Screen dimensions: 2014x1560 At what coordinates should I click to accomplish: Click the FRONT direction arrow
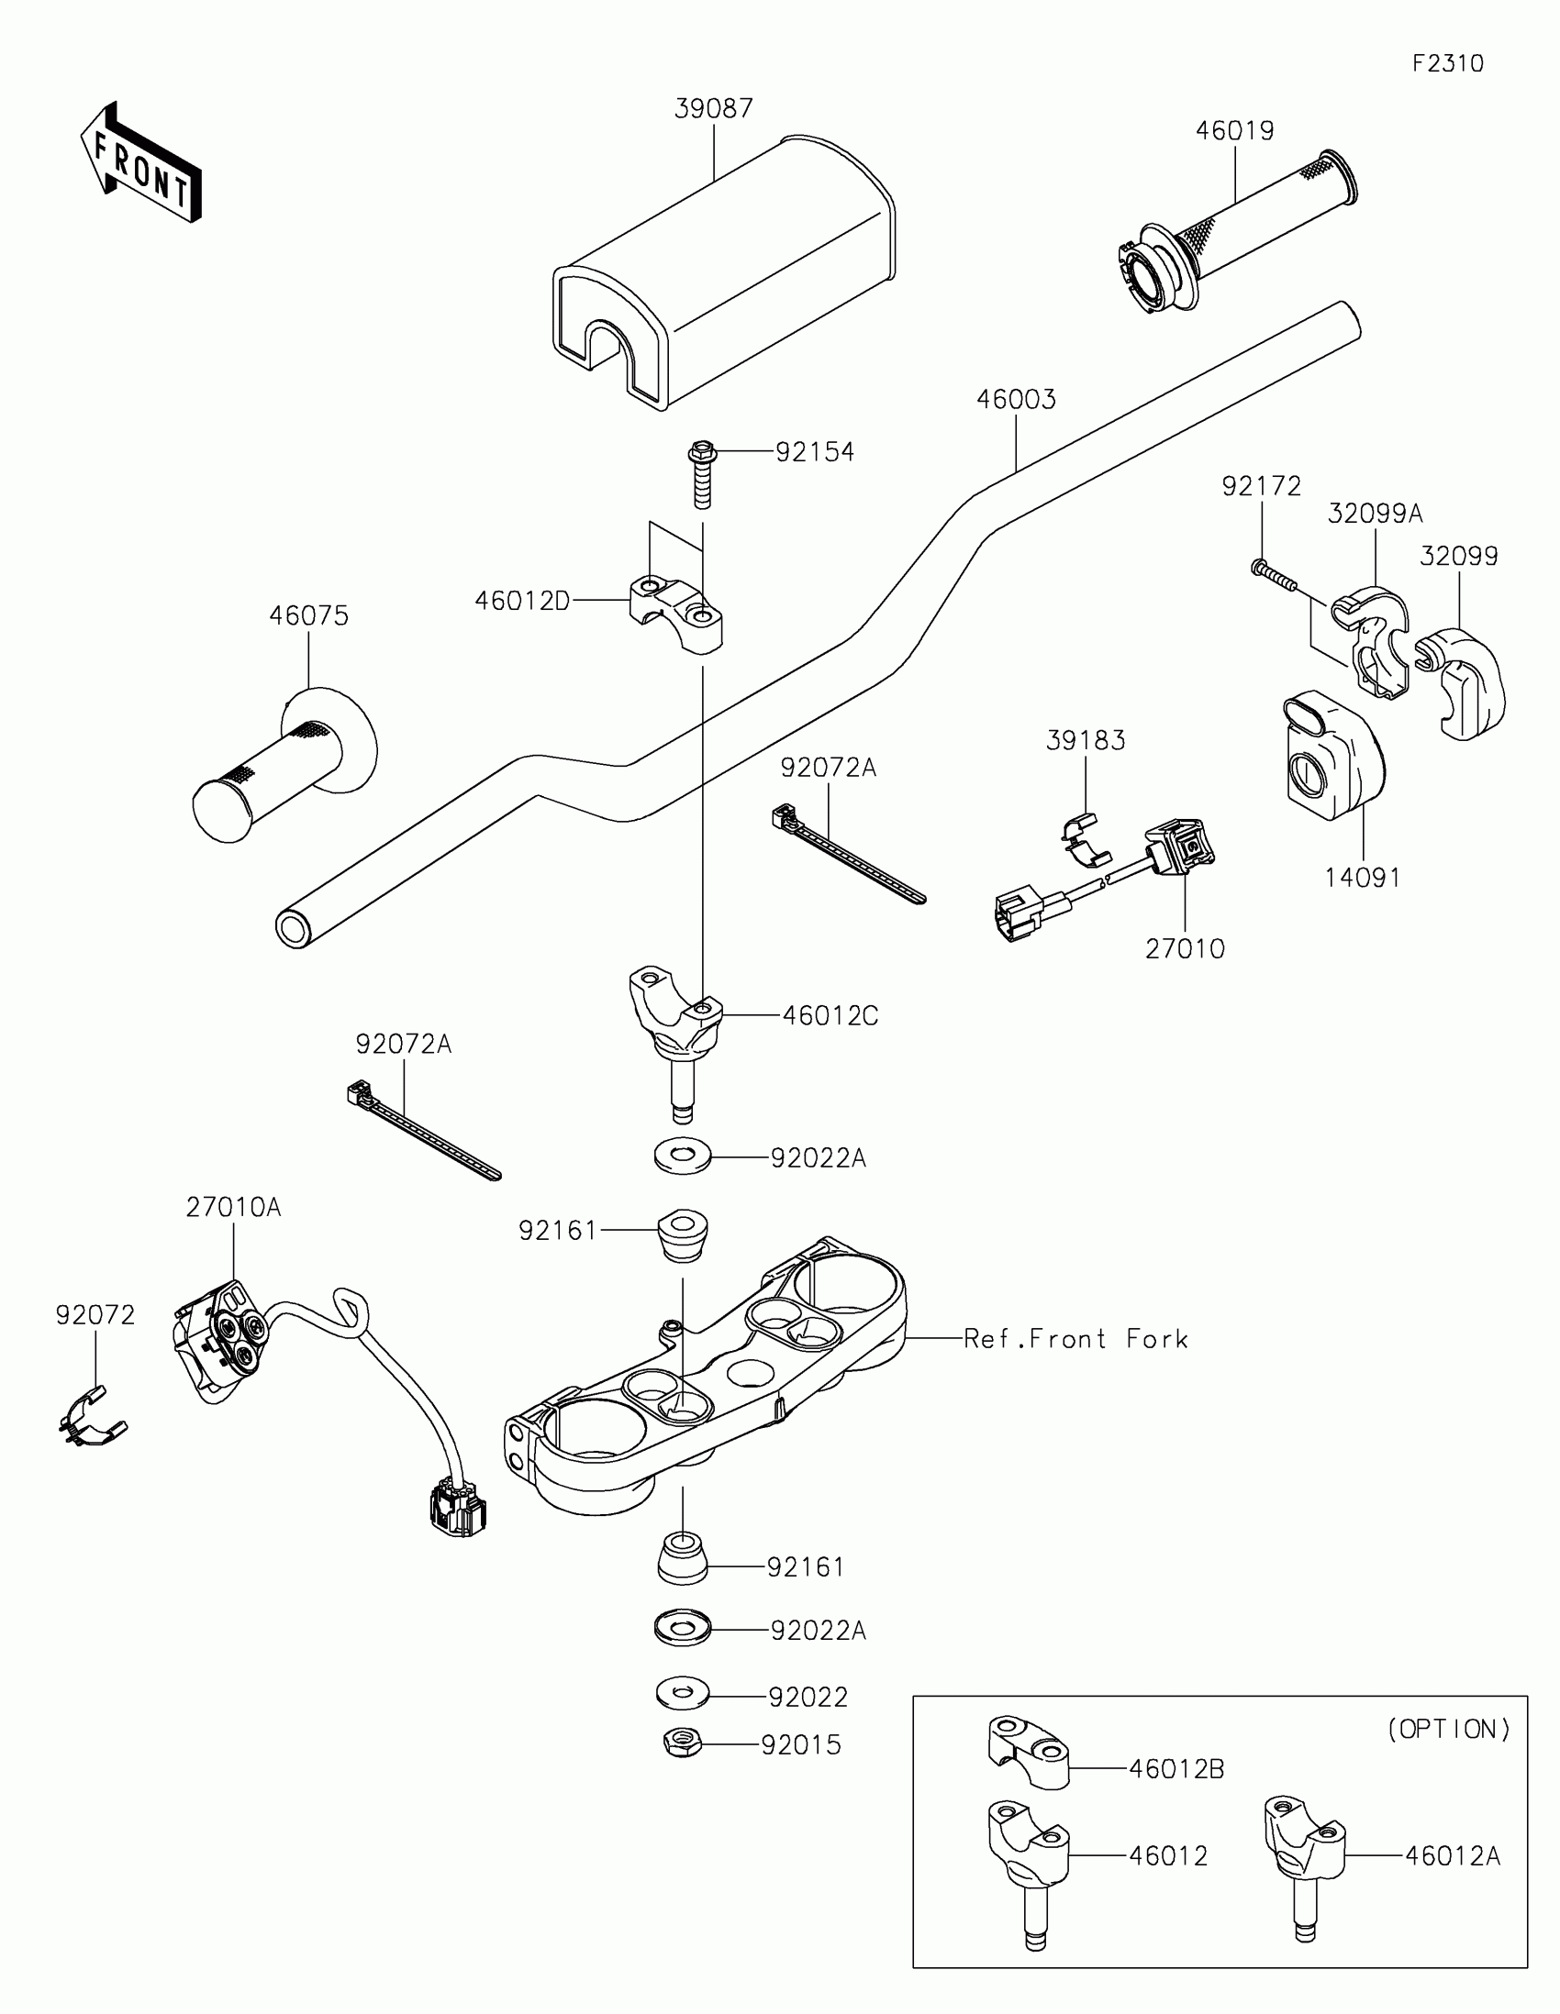[141, 164]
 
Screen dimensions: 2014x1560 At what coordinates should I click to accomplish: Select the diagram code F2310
[1447, 63]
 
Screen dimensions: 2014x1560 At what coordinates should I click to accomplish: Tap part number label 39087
[713, 109]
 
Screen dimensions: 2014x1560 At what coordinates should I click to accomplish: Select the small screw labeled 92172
[1273, 573]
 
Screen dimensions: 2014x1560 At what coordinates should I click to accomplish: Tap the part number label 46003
[1016, 399]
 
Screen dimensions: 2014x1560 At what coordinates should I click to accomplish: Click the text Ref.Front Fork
[1075, 1339]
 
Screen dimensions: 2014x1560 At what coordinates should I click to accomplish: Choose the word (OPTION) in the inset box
[1448, 1729]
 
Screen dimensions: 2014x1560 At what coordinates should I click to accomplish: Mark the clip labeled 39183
[1083, 841]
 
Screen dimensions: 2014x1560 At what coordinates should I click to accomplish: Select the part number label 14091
[1363, 878]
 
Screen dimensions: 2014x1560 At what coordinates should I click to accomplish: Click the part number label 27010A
[233, 1207]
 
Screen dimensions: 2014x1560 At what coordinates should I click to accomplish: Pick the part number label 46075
[309, 616]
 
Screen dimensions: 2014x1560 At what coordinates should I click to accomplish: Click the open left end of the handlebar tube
[294, 928]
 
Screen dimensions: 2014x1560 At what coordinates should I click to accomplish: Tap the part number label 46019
[1234, 131]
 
